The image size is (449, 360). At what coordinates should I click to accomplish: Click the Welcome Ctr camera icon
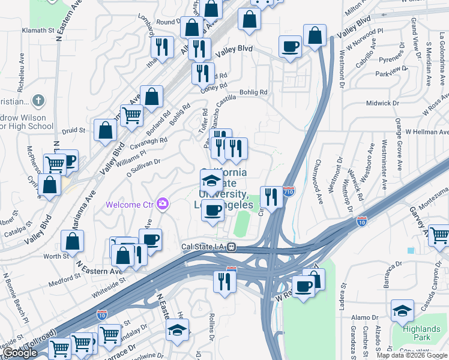click(x=162, y=205)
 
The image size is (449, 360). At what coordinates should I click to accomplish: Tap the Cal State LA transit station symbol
click(x=231, y=247)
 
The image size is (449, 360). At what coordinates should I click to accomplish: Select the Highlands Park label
click(x=421, y=333)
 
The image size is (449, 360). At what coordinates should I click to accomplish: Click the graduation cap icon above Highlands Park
click(x=402, y=311)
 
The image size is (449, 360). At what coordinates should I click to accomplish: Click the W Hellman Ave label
click(x=427, y=131)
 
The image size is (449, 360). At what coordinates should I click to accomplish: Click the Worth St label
click(x=57, y=256)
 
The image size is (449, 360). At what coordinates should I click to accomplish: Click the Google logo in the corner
click(x=20, y=353)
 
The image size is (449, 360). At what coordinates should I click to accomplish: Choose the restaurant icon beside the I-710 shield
click(x=271, y=196)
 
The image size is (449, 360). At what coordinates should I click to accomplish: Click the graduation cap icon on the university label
click(x=211, y=180)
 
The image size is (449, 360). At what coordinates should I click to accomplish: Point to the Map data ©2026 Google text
click(x=411, y=355)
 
